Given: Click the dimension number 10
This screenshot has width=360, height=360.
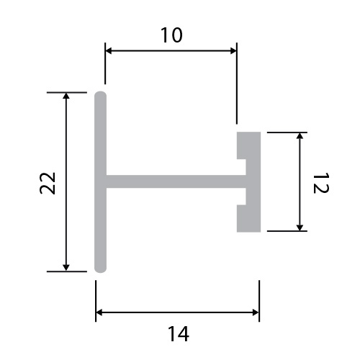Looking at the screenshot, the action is click(171, 35).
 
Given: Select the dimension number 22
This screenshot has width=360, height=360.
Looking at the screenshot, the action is click(48, 183).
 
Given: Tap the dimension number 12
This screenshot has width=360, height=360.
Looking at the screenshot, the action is click(321, 183).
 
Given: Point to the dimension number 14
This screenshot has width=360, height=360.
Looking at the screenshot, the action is click(179, 333).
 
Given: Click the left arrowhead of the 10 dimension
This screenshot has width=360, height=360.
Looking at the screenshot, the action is click(109, 51).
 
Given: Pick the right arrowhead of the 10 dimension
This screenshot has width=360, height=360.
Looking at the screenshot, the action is click(233, 51).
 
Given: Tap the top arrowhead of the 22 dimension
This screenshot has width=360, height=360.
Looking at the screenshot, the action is click(66, 96).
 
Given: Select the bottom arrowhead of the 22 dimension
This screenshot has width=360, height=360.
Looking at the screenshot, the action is click(66, 268).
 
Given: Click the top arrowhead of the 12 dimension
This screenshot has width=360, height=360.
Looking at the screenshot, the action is click(300, 136).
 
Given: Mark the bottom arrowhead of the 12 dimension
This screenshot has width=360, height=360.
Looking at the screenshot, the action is click(300, 228).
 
